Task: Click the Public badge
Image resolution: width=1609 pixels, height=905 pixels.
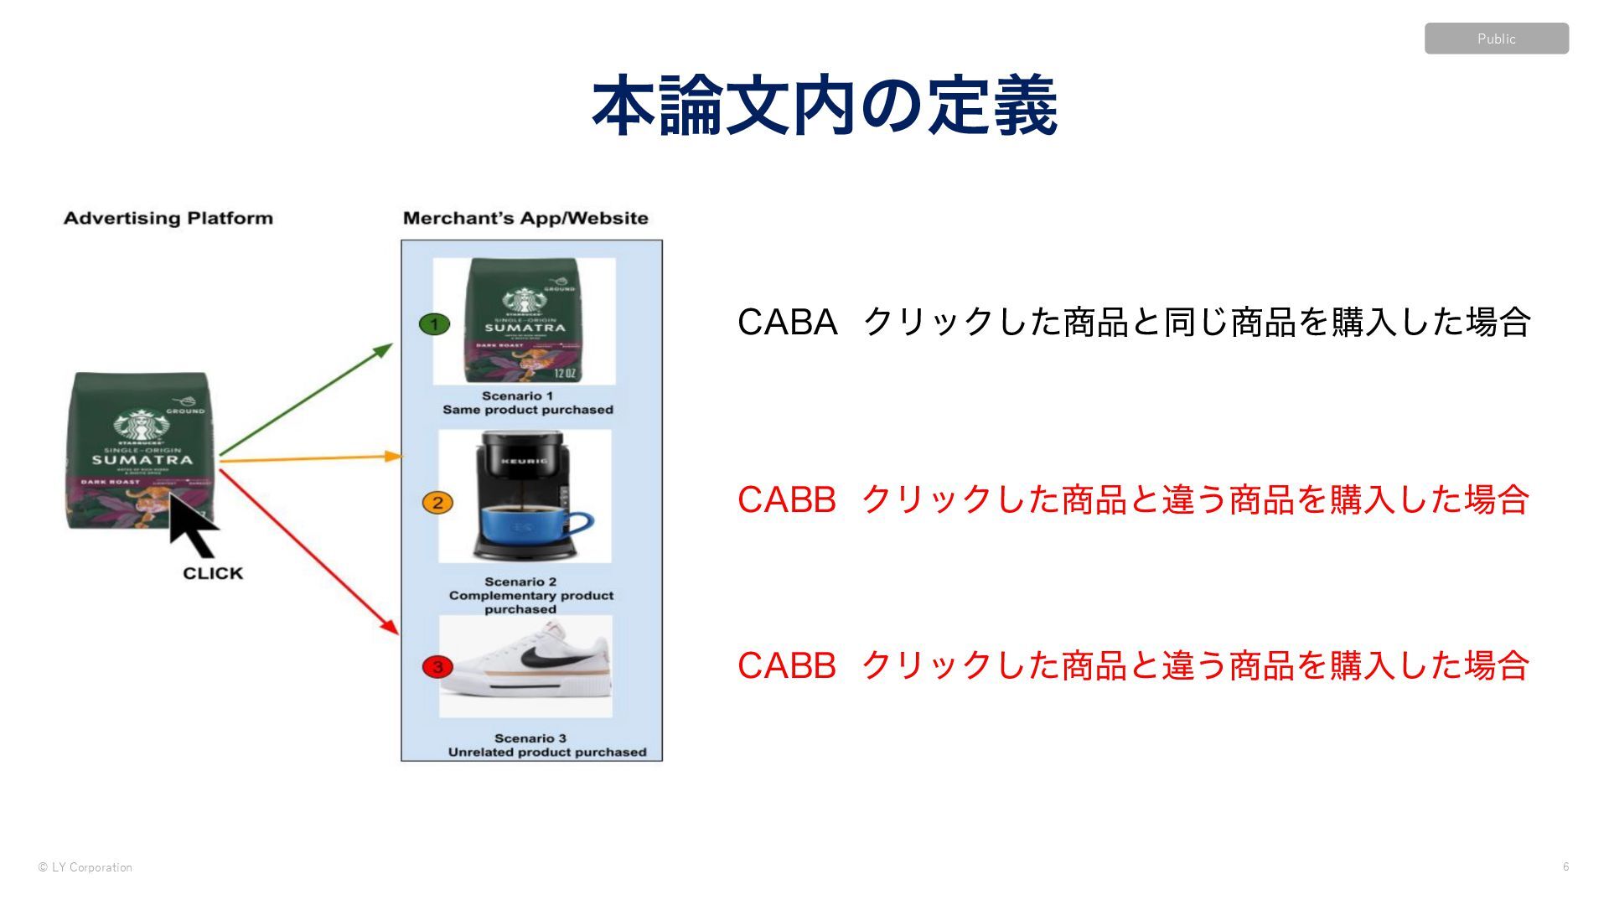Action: pyautogui.click(x=1496, y=39)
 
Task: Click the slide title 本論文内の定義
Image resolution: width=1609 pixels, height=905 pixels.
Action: pyautogui.click(x=825, y=106)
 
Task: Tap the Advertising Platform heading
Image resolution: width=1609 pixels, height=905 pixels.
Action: pyautogui.click(x=168, y=219)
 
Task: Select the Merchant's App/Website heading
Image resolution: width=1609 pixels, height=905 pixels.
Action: pyautogui.click(x=525, y=219)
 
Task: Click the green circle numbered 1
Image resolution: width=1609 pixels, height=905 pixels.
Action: pyautogui.click(x=434, y=323)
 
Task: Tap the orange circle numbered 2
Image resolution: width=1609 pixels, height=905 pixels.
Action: pyautogui.click(x=437, y=503)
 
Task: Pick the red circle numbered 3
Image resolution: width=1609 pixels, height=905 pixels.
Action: pyautogui.click(x=437, y=667)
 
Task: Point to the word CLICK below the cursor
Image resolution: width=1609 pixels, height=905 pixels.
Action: pyautogui.click(x=213, y=574)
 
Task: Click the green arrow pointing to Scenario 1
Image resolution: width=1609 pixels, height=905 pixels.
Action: pyautogui.click(x=306, y=399)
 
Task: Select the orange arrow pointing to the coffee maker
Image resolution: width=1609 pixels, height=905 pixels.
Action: pyautogui.click(x=310, y=458)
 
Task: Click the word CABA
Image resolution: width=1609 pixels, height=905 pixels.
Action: pyautogui.click(x=787, y=323)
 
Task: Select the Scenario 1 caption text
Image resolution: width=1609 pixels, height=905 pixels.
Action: pyautogui.click(x=527, y=403)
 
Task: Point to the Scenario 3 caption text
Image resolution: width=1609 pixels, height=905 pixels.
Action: pyautogui.click(x=546, y=745)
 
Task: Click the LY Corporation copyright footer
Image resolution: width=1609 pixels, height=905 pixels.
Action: pyautogui.click(x=85, y=867)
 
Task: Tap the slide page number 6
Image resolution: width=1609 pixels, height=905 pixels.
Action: pyautogui.click(x=1565, y=866)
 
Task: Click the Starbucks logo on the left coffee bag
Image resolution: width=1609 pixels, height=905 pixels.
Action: pyautogui.click(x=142, y=424)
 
